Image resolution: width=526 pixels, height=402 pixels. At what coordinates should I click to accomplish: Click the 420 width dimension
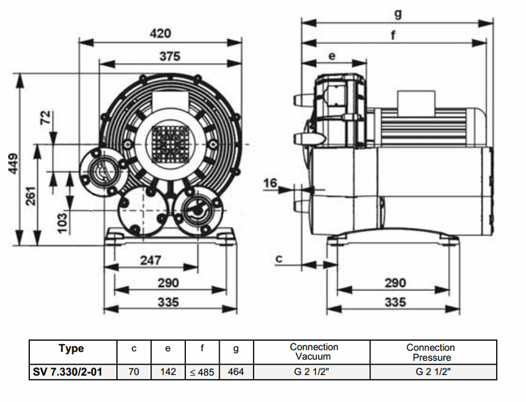pyautogui.click(x=160, y=33)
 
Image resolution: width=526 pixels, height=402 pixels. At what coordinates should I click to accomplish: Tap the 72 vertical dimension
pyautogui.click(x=46, y=119)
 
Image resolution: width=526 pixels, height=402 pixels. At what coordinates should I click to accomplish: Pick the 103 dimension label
pyautogui.click(x=63, y=223)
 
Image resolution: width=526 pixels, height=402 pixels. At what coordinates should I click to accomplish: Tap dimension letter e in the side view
pyautogui.click(x=332, y=56)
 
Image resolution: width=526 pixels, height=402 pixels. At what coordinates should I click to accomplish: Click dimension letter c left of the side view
pyautogui.click(x=279, y=257)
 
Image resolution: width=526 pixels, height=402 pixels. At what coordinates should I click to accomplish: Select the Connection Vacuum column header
pyautogui.click(x=313, y=351)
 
